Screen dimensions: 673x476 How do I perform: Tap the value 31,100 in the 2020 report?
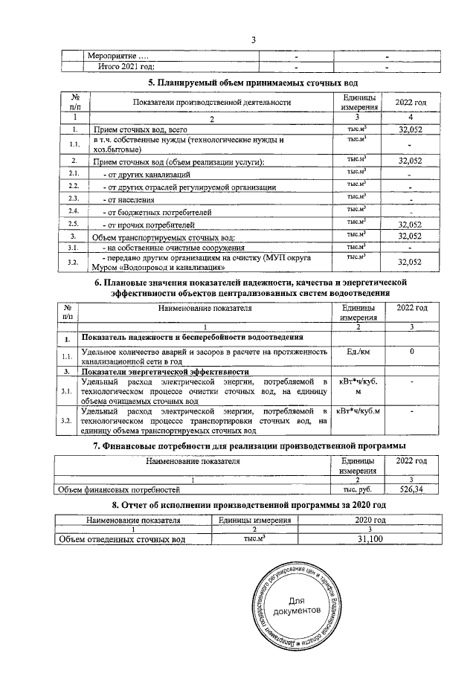(x=370, y=539)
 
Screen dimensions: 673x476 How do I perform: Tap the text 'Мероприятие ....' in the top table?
(x=118, y=56)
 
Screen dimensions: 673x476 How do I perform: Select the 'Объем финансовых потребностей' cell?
(x=120, y=490)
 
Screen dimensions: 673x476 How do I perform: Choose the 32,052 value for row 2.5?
(x=411, y=224)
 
